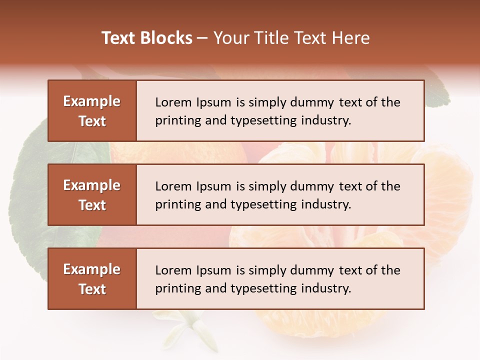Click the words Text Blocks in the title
click(x=146, y=38)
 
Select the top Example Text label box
click(x=92, y=111)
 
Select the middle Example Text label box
click(x=92, y=195)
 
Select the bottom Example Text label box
click(x=92, y=279)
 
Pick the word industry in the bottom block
click(x=326, y=288)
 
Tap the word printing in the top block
click(x=173, y=121)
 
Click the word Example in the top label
click(x=92, y=101)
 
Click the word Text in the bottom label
click(x=92, y=289)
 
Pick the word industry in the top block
click(x=326, y=120)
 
